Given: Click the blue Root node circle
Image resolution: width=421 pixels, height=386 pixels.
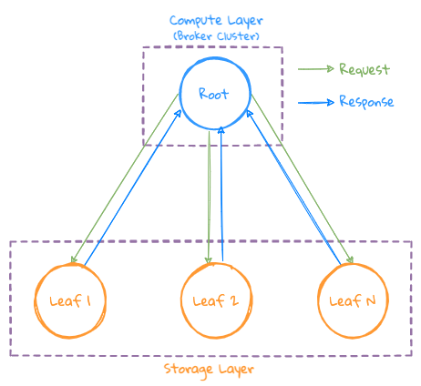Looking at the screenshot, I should [x=212, y=94].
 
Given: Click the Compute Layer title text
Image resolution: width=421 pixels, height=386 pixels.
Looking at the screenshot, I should [x=214, y=20].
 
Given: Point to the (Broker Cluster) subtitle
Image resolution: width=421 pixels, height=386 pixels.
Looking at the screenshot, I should [x=215, y=36].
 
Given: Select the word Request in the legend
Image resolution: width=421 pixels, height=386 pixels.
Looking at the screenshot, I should [x=364, y=69].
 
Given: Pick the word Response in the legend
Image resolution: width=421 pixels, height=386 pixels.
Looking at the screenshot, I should [x=365, y=101].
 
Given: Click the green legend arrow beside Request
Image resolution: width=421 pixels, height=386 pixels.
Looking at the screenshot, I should [x=315, y=69].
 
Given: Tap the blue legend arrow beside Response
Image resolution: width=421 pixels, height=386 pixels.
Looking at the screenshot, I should [x=315, y=101].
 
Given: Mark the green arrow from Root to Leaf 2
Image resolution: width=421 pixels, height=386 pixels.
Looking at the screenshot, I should [x=210, y=196].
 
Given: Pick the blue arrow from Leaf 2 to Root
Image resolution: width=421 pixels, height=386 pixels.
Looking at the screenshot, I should [x=222, y=196].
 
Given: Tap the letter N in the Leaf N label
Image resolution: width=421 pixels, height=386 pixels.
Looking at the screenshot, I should [x=370, y=301].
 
